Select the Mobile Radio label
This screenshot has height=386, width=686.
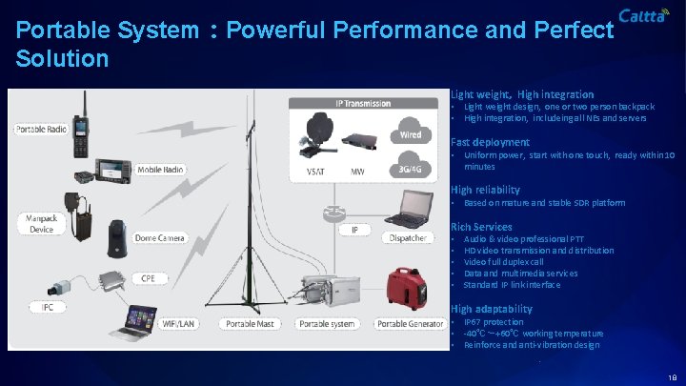click(x=159, y=170)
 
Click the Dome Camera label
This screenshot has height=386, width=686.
click(x=159, y=237)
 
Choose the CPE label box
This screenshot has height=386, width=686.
click(x=148, y=277)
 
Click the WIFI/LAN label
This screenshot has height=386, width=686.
click(x=178, y=324)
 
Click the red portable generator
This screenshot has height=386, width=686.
click(x=407, y=286)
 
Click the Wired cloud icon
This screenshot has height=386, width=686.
click(x=410, y=131)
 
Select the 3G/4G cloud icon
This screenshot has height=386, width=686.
click(x=410, y=166)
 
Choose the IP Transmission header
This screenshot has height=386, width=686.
click(x=363, y=103)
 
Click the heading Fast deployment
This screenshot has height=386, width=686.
click(x=490, y=142)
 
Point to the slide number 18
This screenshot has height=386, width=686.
click(x=673, y=376)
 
